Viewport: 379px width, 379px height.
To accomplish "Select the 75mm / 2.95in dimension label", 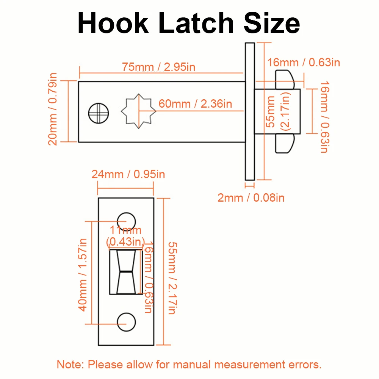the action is coord(159,67).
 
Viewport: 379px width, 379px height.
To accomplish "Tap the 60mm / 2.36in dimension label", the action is coord(195,103).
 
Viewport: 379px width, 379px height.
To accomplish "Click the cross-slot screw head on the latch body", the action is coord(98,113).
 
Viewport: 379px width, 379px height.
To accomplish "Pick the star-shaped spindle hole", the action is coord(139,111).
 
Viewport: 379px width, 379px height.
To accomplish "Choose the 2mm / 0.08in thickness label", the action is coord(251,197).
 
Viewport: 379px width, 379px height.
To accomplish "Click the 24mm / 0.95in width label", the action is coord(128,174).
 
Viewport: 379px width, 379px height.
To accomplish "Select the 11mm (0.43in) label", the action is coord(125,235).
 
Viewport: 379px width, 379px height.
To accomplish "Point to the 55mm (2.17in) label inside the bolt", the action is coord(278,113).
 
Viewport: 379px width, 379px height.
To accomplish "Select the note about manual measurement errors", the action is coord(189,365).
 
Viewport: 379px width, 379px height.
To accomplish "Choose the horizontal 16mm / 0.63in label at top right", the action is coord(304,63).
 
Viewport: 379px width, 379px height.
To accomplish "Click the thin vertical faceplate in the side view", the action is coord(249,111).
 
